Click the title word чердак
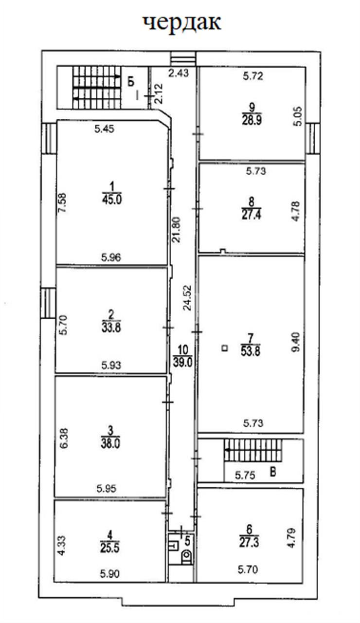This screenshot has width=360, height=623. tap(182, 23)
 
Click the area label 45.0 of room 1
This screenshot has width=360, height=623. tap(111, 200)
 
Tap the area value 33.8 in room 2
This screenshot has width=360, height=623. tap(111, 328)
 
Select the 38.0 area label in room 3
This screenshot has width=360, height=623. tap(110, 443)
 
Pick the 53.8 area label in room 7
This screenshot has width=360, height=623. tap(251, 351)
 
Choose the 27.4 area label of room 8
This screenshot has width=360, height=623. tap(251, 215)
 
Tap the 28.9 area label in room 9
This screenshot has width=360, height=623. tap(252, 120)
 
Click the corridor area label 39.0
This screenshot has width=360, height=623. tap(182, 363)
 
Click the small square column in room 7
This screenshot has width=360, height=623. tap(225, 348)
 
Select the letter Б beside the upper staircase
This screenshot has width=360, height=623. tap(131, 82)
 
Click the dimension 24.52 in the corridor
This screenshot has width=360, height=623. tap(187, 297)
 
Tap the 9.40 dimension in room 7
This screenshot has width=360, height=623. tap(296, 342)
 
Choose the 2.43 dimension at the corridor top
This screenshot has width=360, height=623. tap(179, 73)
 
